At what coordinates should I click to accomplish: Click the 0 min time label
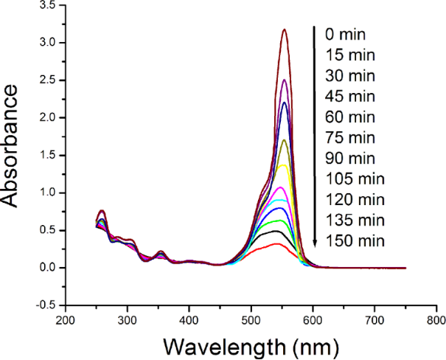(x=346, y=34)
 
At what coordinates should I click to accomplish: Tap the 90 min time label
(x=349, y=158)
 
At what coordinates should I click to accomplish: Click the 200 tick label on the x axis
(x=65, y=320)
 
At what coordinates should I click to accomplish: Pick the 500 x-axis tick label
(x=251, y=320)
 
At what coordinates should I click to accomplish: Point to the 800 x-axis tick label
(x=436, y=320)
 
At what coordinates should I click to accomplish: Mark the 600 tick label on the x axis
(x=313, y=320)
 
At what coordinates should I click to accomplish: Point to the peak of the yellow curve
(x=283, y=165)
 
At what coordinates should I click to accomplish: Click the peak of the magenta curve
(x=279, y=187)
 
